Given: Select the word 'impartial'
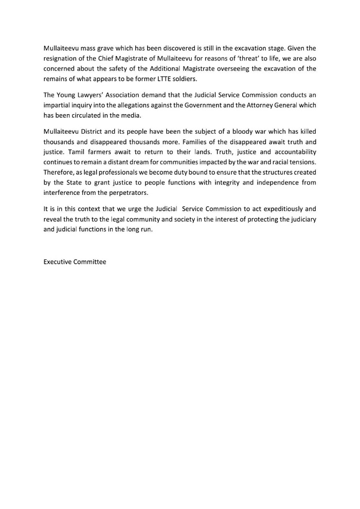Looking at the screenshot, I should [x=58, y=105].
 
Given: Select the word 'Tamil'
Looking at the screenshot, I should [x=77, y=152].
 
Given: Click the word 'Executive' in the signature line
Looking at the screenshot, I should [x=58, y=262].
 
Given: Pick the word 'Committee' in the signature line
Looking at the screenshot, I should [x=90, y=262].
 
